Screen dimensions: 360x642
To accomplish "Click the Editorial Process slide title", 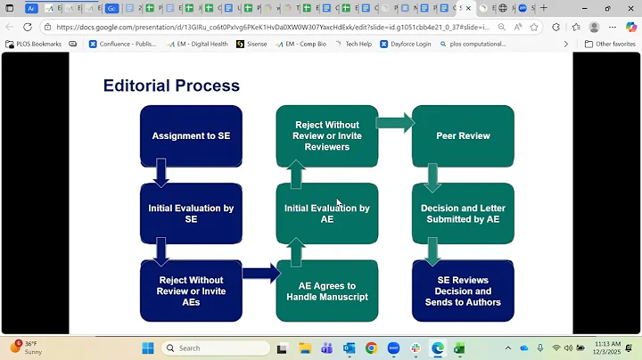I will click(x=171, y=86).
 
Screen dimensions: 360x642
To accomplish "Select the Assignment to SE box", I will click(x=191, y=136).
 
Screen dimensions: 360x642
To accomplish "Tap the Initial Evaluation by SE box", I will click(x=191, y=214).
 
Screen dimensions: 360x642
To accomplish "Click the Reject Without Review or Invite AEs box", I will click(x=191, y=290).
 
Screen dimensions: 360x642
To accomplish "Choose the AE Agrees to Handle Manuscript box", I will click(x=327, y=290).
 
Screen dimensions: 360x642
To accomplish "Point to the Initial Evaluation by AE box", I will click(x=327, y=214).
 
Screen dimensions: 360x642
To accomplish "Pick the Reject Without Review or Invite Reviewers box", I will click(x=327, y=136).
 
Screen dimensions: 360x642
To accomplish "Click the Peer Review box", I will click(x=463, y=136).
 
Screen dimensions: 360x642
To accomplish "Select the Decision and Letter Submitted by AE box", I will click(x=463, y=214).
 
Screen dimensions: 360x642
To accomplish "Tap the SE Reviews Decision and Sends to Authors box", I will click(x=463, y=290).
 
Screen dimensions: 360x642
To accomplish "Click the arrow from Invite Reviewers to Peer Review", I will click(x=395, y=122).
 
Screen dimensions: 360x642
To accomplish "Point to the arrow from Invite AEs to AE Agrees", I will click(x=260, y=274).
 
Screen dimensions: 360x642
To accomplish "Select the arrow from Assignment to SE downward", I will click(x=160, y=173).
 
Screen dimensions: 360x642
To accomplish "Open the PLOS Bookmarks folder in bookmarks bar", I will click(x=34, y=44).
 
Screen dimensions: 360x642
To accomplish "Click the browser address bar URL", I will click(x=267, y=27).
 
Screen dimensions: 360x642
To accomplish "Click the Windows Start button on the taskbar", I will click(x=147, y=348).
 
